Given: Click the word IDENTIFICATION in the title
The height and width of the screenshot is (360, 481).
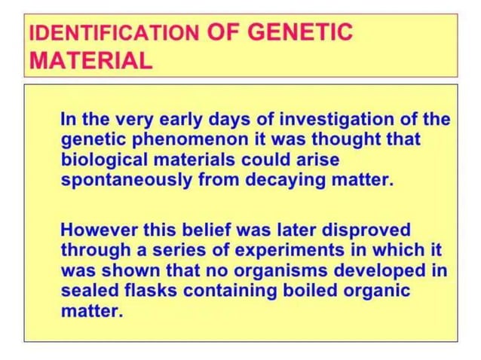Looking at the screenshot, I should click(x=114, y=34).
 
